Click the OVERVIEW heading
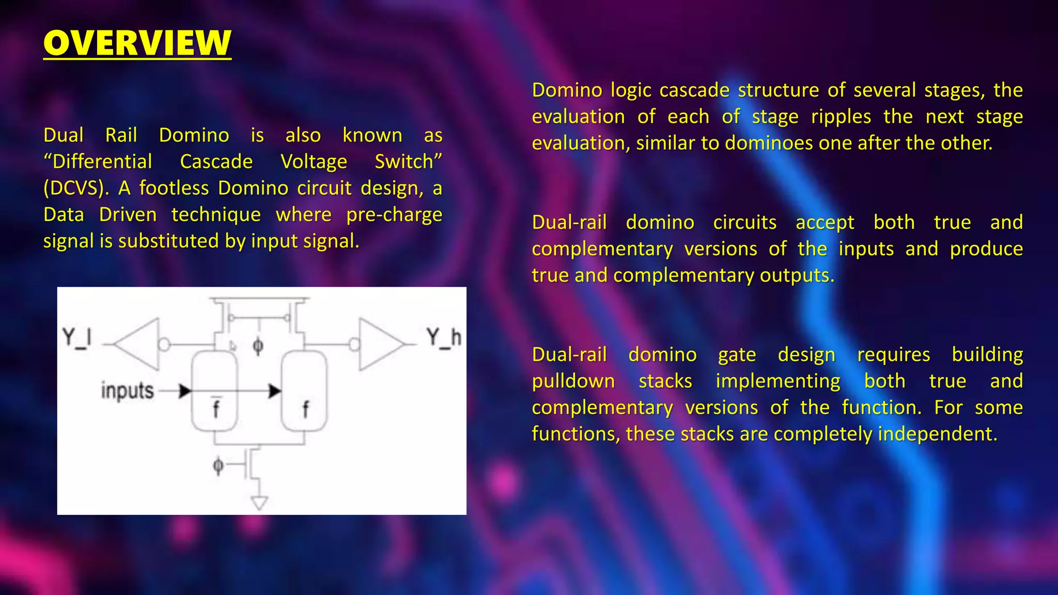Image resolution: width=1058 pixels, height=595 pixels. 137,43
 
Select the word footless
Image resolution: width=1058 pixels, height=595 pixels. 174,188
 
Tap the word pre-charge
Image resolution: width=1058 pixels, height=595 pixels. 394,214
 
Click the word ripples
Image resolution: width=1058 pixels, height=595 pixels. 841,117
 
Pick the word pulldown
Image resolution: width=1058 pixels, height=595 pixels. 573,381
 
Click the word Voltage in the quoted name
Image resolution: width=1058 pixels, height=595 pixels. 314,162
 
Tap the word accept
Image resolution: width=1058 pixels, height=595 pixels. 825,223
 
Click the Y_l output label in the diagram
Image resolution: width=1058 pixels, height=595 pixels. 77,338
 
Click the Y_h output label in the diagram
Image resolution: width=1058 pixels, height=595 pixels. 443,338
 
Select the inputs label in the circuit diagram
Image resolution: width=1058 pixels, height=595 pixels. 127,391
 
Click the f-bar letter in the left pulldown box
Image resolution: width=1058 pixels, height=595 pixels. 216,408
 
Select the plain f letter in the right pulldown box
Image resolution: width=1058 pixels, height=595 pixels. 305,410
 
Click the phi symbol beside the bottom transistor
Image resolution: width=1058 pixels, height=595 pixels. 218,466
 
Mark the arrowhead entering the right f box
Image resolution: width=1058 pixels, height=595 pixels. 275,391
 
